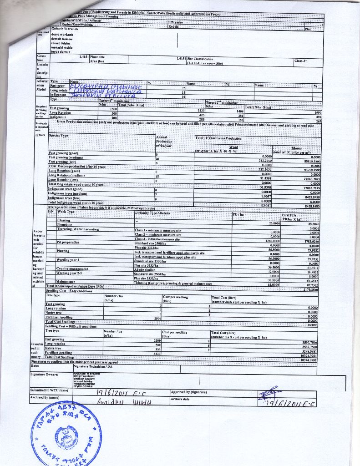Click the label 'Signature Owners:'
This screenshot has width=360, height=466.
[x=44, y=374]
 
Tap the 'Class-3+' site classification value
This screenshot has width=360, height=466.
[x=301, y=61]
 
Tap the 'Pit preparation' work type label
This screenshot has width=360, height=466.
[x=68, y=243]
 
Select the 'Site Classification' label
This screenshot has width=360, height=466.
[x=200, y=59]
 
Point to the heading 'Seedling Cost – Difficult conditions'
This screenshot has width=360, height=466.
[x=71, y=326]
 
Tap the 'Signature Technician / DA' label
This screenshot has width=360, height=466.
[x=93, y=366]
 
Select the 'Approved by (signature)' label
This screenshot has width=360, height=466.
[x=189, y=392]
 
